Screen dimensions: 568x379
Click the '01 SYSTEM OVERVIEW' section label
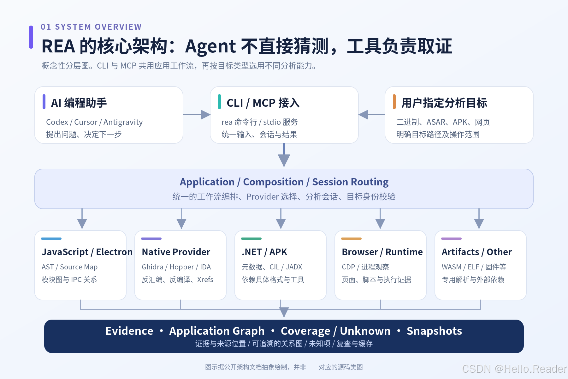click(x=91, y=27)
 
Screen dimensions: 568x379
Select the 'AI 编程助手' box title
click(x=79, y=103)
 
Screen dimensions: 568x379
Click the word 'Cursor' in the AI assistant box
click(x=86, y=122)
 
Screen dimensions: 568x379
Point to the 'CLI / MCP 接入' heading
click(x=263, y=103)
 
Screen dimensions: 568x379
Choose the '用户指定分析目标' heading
click(x=444, y=103)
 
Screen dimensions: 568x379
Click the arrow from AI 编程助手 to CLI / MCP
click(x=197, y=115)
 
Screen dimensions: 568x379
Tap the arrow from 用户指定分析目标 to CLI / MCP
click(x=372, y=115)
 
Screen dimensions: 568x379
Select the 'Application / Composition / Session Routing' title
click(x=284, y=182)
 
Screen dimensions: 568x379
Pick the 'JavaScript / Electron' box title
click(x=87, y=252)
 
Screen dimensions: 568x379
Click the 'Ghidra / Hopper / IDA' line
click(x=176, y=267)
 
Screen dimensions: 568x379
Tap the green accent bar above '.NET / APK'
click(x=251, y=238)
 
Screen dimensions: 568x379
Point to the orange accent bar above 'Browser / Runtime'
click(x=351, y=238)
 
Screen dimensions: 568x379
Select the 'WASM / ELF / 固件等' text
click(x=474, y=267)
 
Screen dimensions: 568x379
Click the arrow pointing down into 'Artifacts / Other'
click(x=479, y=218)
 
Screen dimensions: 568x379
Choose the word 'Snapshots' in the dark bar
click(x=434, y=331)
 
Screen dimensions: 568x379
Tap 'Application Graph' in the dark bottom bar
click(x=217, y=331)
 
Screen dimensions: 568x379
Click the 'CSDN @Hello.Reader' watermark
click(x=514, y=369)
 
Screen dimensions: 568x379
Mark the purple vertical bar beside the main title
click(x=31, y=37)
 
